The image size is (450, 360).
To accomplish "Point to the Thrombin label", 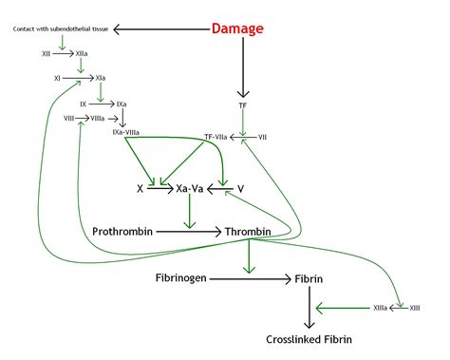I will [x=249, y=231].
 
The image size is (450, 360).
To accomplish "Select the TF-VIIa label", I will [x=220, y=137].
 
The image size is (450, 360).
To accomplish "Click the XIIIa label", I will [x=380, y=308].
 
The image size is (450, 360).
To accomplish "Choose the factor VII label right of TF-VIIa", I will [x=262, y=137].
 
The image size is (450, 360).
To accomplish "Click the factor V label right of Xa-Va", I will [x=241, y=189].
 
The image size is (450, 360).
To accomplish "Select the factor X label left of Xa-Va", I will [x=140, y=189].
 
